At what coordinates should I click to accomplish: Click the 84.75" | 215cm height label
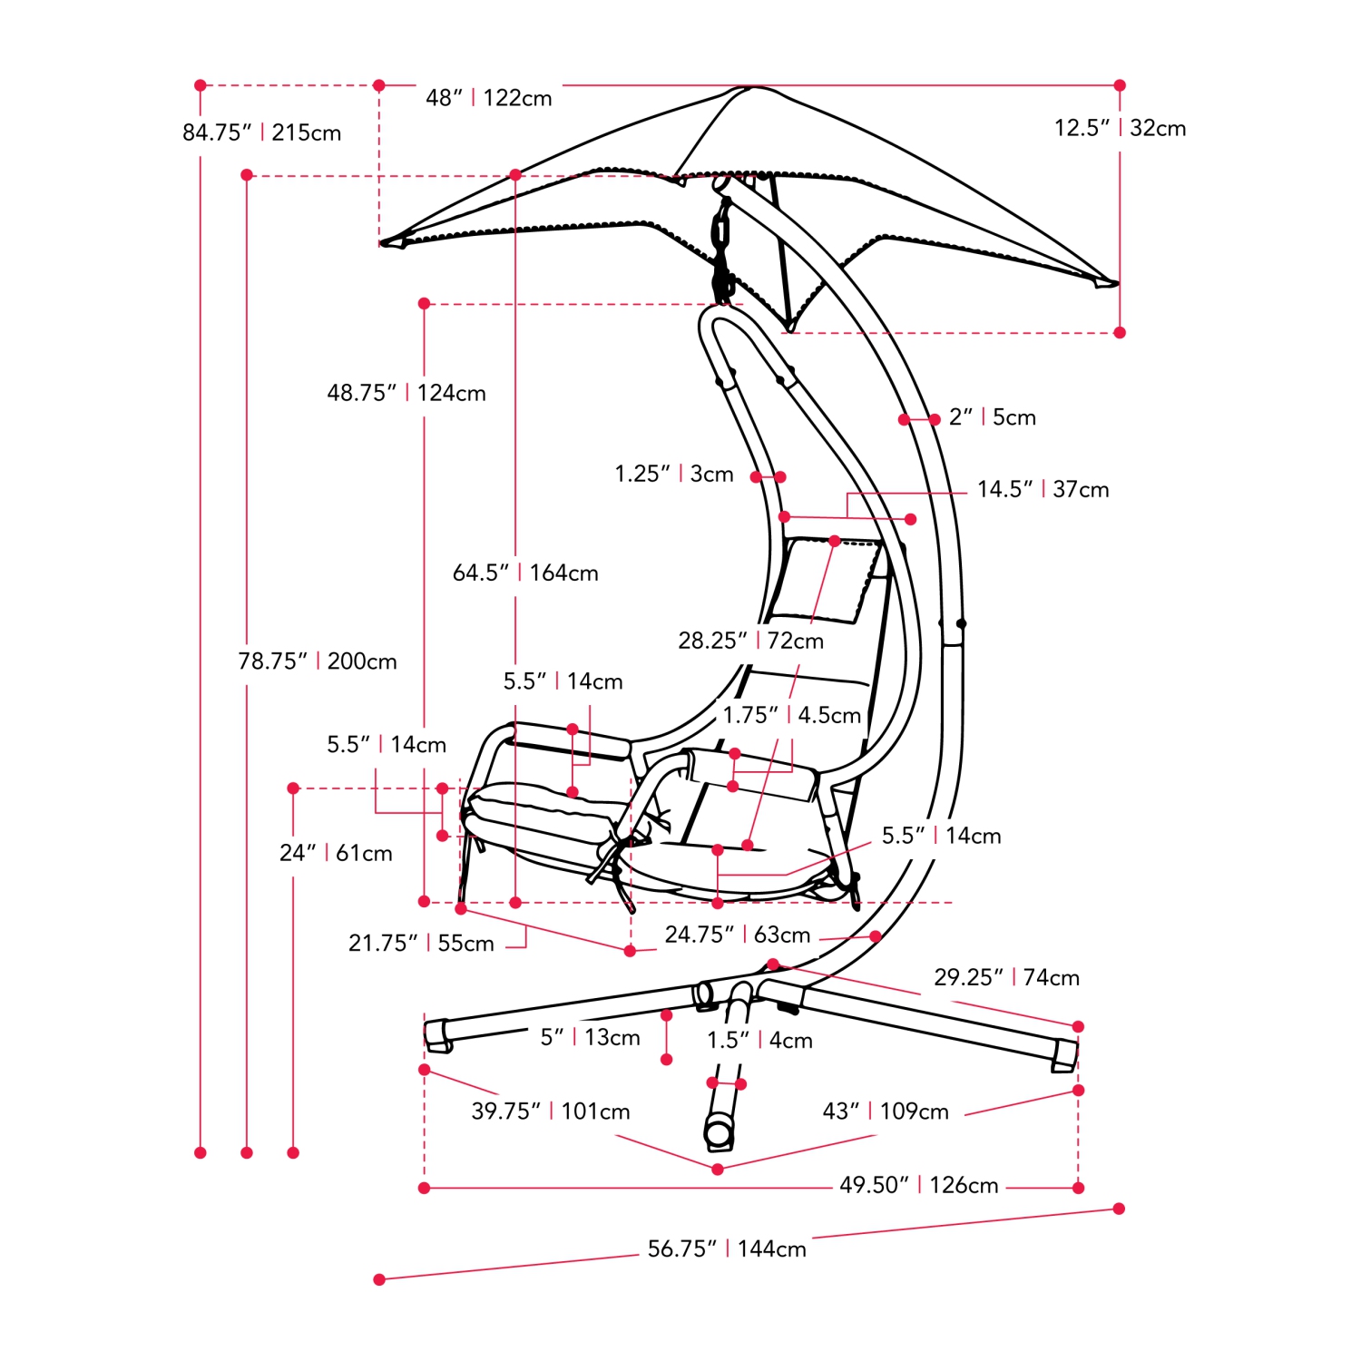pyautogui.click(x=261, y=132)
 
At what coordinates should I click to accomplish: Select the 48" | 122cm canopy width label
pyautogui.click(x=488, y=98)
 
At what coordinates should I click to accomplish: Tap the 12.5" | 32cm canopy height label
pyautogui.click(x=1120, y=128)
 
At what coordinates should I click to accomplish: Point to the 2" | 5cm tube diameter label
pyautogui.click(x=992, y=417)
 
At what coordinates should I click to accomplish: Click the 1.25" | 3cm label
pyautogui.click(x=673, y=474)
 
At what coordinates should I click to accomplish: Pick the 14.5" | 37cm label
pyautogui.click(x=1043, y=490)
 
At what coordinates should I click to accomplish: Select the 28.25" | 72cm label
pyautogui.click(x=750, y=641)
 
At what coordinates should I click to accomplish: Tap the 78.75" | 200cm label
pyautogui.click(x=317, y=661)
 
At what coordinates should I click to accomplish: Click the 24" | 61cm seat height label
pyautogui.click(x=336, y=853)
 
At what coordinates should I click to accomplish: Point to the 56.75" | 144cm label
pyautogui.click(x=726, y=1249)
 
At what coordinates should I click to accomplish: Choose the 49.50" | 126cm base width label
pyautogui.click(x=918, y=1185)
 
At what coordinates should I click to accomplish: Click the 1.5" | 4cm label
pyautogui.click(x=759, y=1041)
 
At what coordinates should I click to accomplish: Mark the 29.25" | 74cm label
pyautogui.click(x=1006, y=977)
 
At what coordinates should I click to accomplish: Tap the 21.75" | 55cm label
pyautogui.click(x=421, y=944)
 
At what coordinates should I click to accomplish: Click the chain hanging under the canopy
pyautogui.click(x=722, y=250)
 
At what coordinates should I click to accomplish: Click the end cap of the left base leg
pyautogui.click(x=437, y=1035)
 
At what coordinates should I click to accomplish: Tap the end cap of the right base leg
pyautogui.click(x=1065, y=1055)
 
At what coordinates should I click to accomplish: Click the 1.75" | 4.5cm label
pyautogui.click(x=791, y=715)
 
